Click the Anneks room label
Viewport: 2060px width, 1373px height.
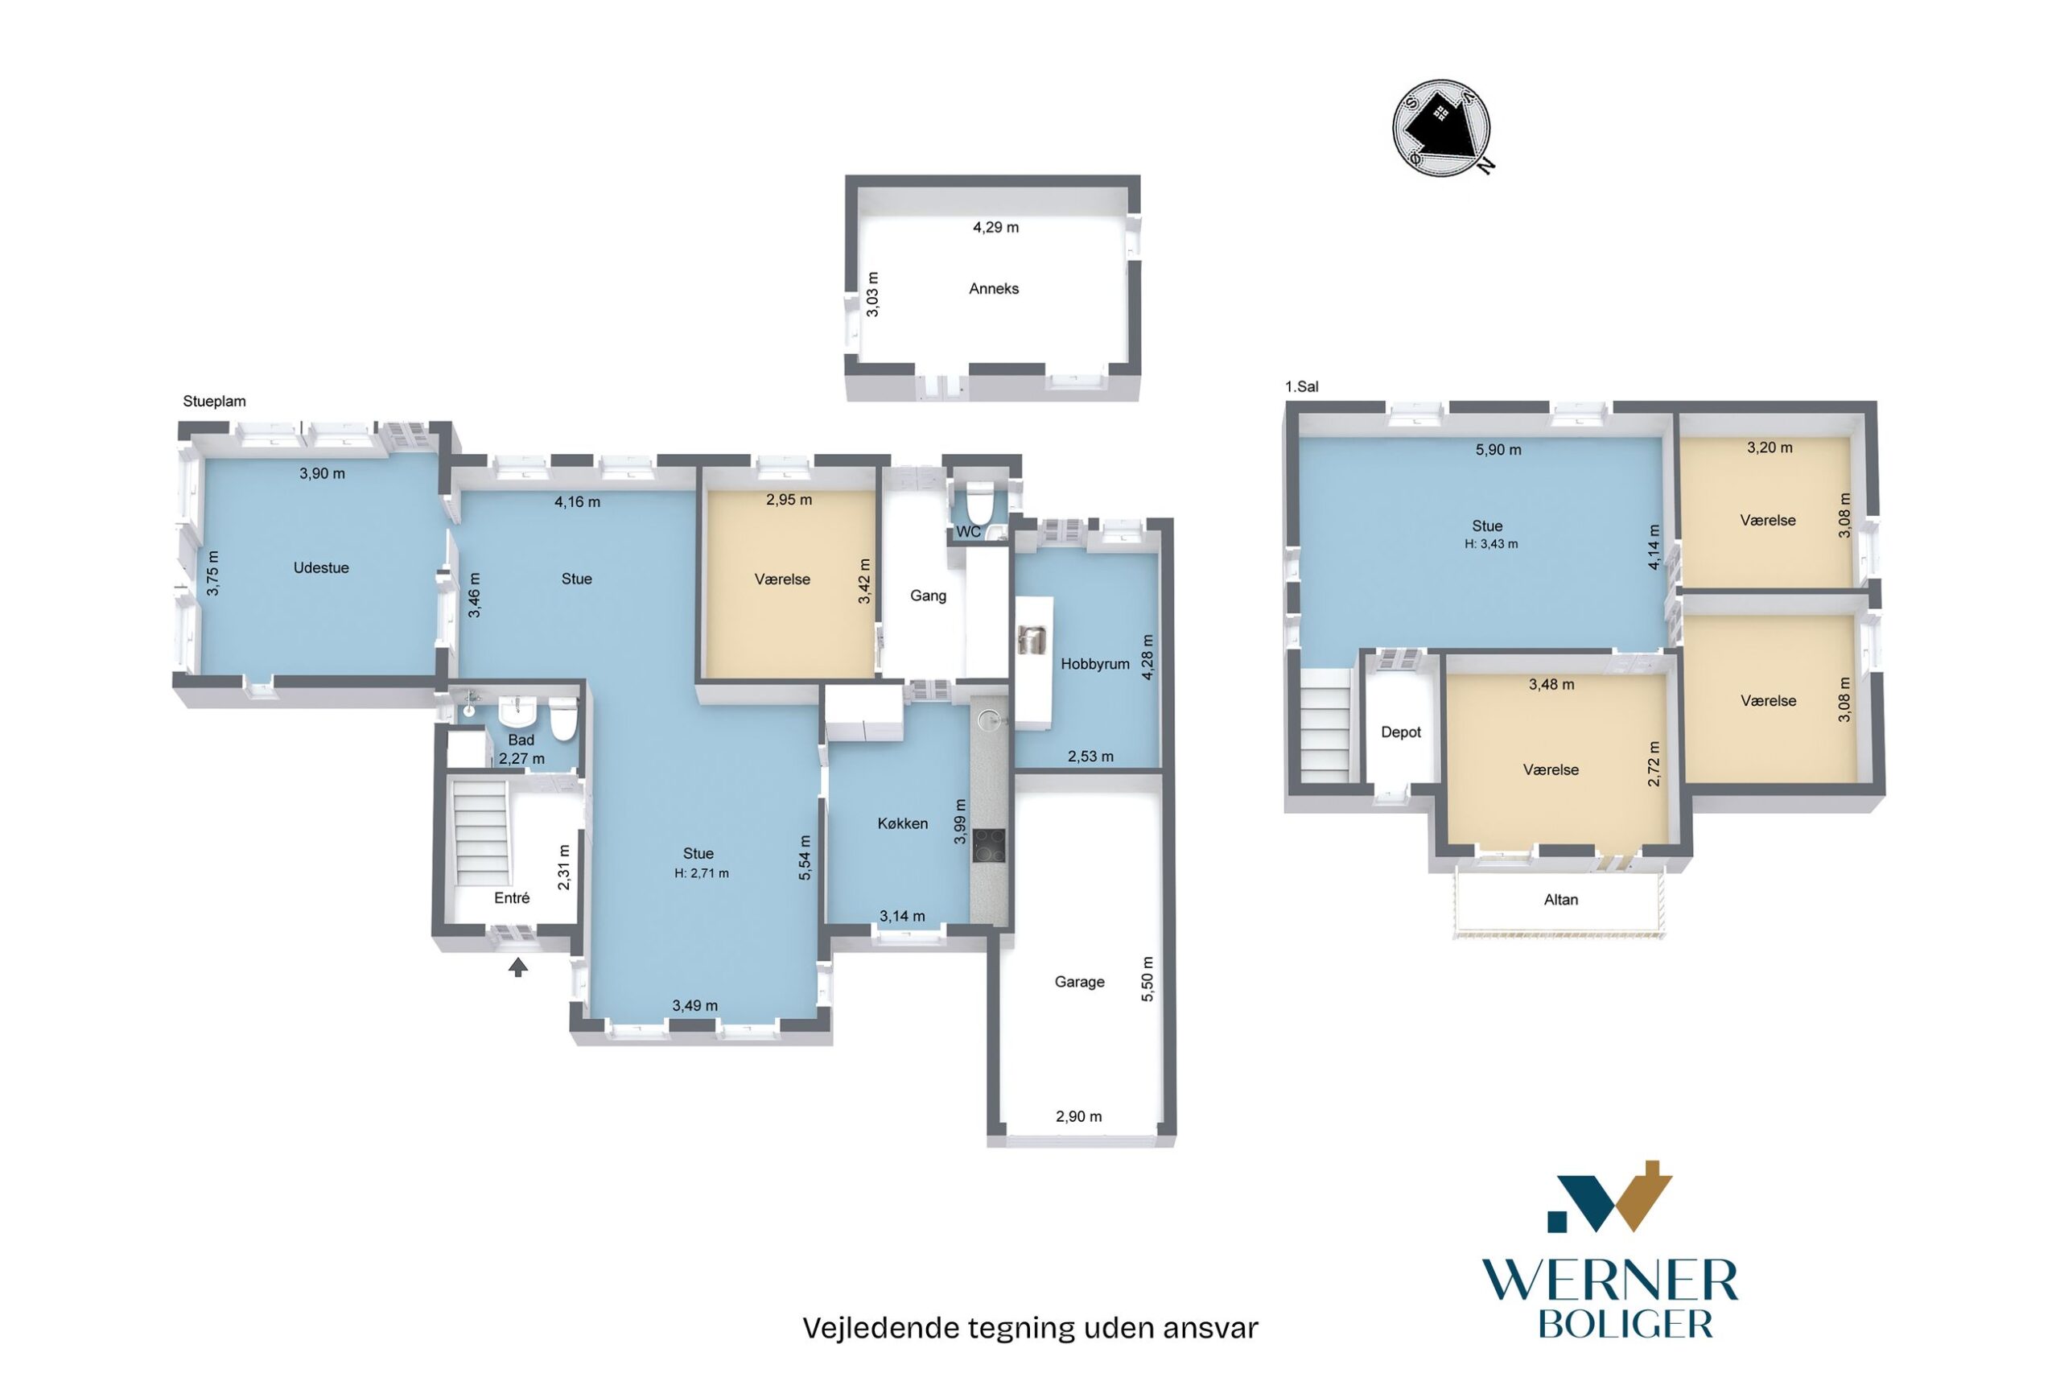pyautogui.click(x=994, y=289)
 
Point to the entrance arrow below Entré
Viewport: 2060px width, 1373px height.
pyautogui.click(x=518, y=967)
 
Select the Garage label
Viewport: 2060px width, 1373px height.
pyautogui.click(x=1078, y=983)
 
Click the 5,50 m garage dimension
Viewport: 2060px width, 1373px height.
pyautogui.click(x=1148, y=979)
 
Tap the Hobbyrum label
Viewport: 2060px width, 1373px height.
pyautogui.click(x=1095, y=664)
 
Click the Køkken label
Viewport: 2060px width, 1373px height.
pyautogui.click(x=903, y=823)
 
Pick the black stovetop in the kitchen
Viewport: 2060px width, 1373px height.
pyautogui.click(x=988, y=845)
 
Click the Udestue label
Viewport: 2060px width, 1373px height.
pyautogui.click(x=321, y=567)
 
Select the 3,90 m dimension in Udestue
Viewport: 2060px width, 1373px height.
pyautogui.click(x=322, y=474)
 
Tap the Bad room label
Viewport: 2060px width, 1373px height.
pyautogui.click(x=521, y=740)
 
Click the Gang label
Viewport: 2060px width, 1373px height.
pyautogui.click(x=928, y=596)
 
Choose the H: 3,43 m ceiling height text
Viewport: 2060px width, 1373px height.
pyautogui.click(x=1492, y=544)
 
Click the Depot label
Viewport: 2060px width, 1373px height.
pyautogui.click(x=1401, y=732)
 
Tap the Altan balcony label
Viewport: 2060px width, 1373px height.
pyautogui.click(x=1561, y=899)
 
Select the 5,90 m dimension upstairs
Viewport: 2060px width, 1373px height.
pyautogui.click(x=1498, y=450)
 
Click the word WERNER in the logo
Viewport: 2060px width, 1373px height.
pyautogui.click(x=1609, y=1282)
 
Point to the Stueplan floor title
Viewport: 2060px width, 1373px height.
pyautogui.click(x=215, y=401)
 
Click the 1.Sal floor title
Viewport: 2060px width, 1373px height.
pyautogui.click(x=1302, y=386)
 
